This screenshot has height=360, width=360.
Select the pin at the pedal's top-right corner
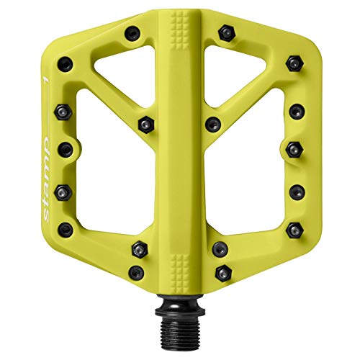pyautogui.click(x=293, y=63)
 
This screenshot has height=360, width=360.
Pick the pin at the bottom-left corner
pyautogui.click(x=66, y=229)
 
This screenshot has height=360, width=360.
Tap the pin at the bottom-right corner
pyautogui.click(x=293, y=229)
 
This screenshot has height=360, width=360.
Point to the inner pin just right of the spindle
pyautogui.click(x=212, y=124)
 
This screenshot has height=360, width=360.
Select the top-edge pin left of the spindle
pyautogui.click(x=133, y=33)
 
